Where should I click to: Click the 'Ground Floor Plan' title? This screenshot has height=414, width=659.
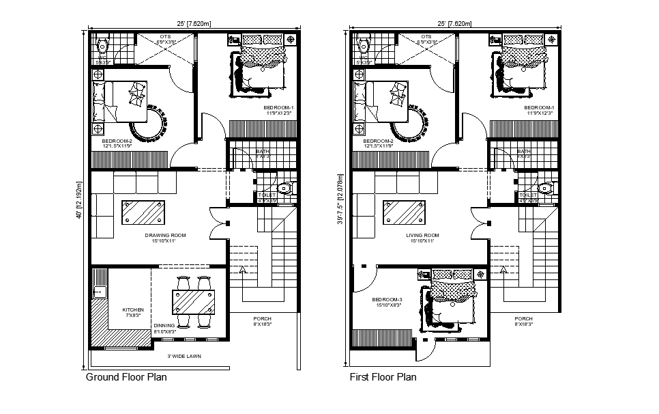point(126,376)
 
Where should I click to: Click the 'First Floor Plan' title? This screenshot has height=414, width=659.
point(383,376)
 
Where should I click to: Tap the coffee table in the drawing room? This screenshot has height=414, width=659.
point(142,212)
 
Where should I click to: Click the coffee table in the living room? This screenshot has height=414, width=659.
point(403,212)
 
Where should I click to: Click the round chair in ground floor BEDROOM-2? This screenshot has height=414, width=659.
point(149,123)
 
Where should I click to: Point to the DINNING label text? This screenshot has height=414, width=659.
point(164,327)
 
